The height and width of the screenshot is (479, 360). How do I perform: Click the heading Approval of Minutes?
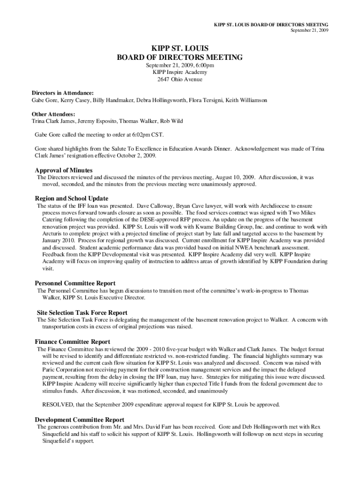pyautogui.click(x=64, y=170)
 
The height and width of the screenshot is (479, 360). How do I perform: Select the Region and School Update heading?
pyautogui.click(x=72, y=198)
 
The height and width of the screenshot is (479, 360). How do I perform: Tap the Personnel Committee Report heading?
pyautogui.click(x=75, y=283)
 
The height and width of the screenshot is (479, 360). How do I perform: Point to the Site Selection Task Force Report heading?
pyautogui.click(x=82, y=312)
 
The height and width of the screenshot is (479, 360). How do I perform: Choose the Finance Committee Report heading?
pyautogui.click(x=72, y=341)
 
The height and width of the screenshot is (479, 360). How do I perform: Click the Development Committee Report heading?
pyautogui.click(x=79, y=420)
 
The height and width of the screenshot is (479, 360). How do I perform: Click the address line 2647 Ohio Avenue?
pyautogui.click(x=180, y=80)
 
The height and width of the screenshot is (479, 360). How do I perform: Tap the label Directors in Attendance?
pyautogui.click(x=63, y=93)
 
